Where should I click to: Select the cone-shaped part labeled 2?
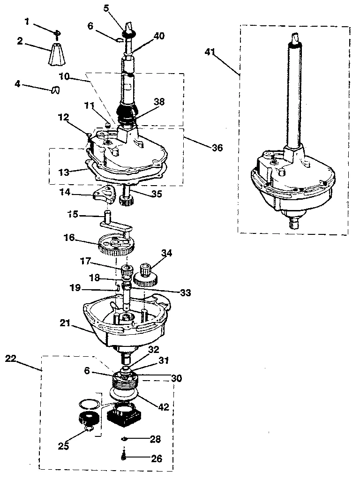(58, 55)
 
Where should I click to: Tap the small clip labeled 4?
(55, 90)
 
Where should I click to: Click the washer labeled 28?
(124, 439)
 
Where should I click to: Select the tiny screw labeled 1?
(57, 32)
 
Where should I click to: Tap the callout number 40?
(159, 36)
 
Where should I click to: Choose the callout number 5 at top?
(106, 8)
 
